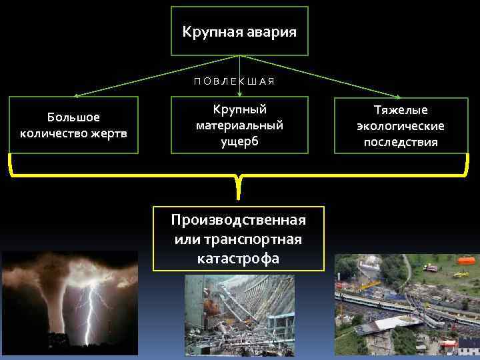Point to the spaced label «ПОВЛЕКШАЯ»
point(234,81)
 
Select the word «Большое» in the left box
point(73,117)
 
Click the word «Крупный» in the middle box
point(239,109)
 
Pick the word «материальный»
point(239,125)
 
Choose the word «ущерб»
point(239,141)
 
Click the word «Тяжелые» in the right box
point(401,110)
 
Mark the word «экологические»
point(401,126)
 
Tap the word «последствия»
point(401,142)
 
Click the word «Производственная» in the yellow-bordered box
point(238,221)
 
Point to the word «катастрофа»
point(238,258)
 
